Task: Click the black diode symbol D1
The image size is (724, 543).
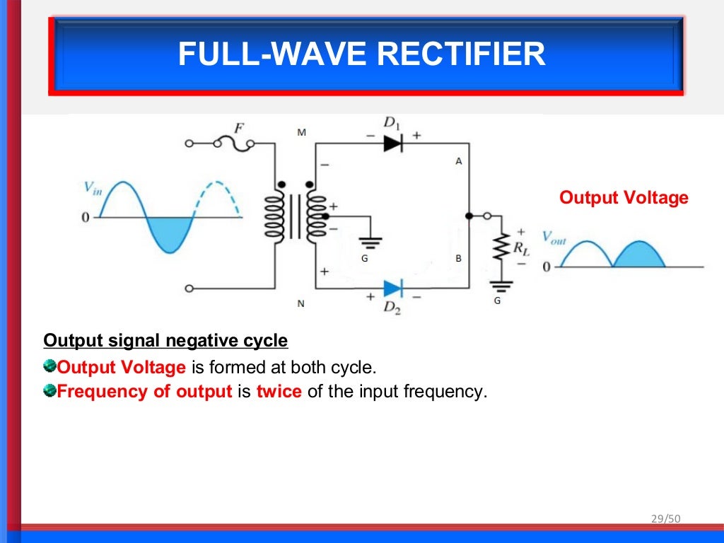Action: (392, 143)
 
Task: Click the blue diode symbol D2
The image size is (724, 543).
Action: (392, 288)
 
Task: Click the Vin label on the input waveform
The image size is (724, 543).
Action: (93, 188)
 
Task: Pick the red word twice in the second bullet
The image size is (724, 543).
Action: (279, 392)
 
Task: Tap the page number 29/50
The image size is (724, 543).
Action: (665, 519)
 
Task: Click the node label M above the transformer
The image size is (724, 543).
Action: (302, 133)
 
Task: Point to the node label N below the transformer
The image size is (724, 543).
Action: (300, 304)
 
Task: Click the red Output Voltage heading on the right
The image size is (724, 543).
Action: (624, 197)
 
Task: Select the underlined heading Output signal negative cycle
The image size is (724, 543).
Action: (165, 341)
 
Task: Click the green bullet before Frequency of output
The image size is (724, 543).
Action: (49, 390)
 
